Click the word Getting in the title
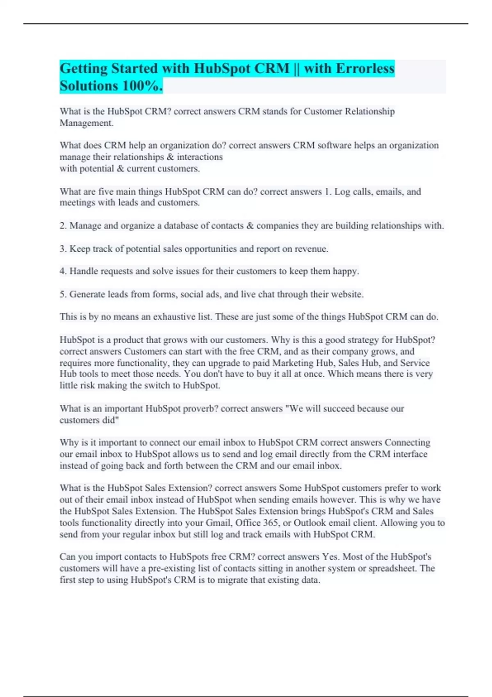[83, 68]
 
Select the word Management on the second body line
[86, 123]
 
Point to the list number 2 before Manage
[63, 225]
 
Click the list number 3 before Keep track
[63, 249]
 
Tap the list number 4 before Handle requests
[63, 271]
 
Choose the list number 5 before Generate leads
[63, 294]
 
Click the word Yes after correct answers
[330, 557]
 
